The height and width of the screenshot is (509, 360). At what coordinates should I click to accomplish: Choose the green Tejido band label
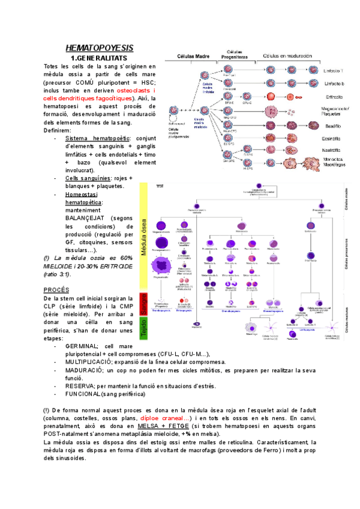(x=145, y=330)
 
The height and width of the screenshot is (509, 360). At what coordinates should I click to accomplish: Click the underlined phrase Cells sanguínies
(x=88, y=178)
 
